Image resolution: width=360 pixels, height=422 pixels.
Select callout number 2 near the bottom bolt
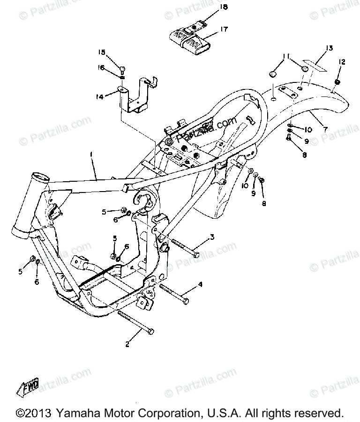pyautogui.click(x=127, y=345)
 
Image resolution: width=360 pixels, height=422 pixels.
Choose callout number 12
pyautogui.click(x=341, y=62)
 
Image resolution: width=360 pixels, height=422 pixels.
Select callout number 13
pyautogui.click(x=329, y=48)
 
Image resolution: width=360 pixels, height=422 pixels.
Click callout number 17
pyautogui.click(x=224, y=29)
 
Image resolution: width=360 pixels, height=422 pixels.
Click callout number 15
pyautogui.click(x=102, y=52)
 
